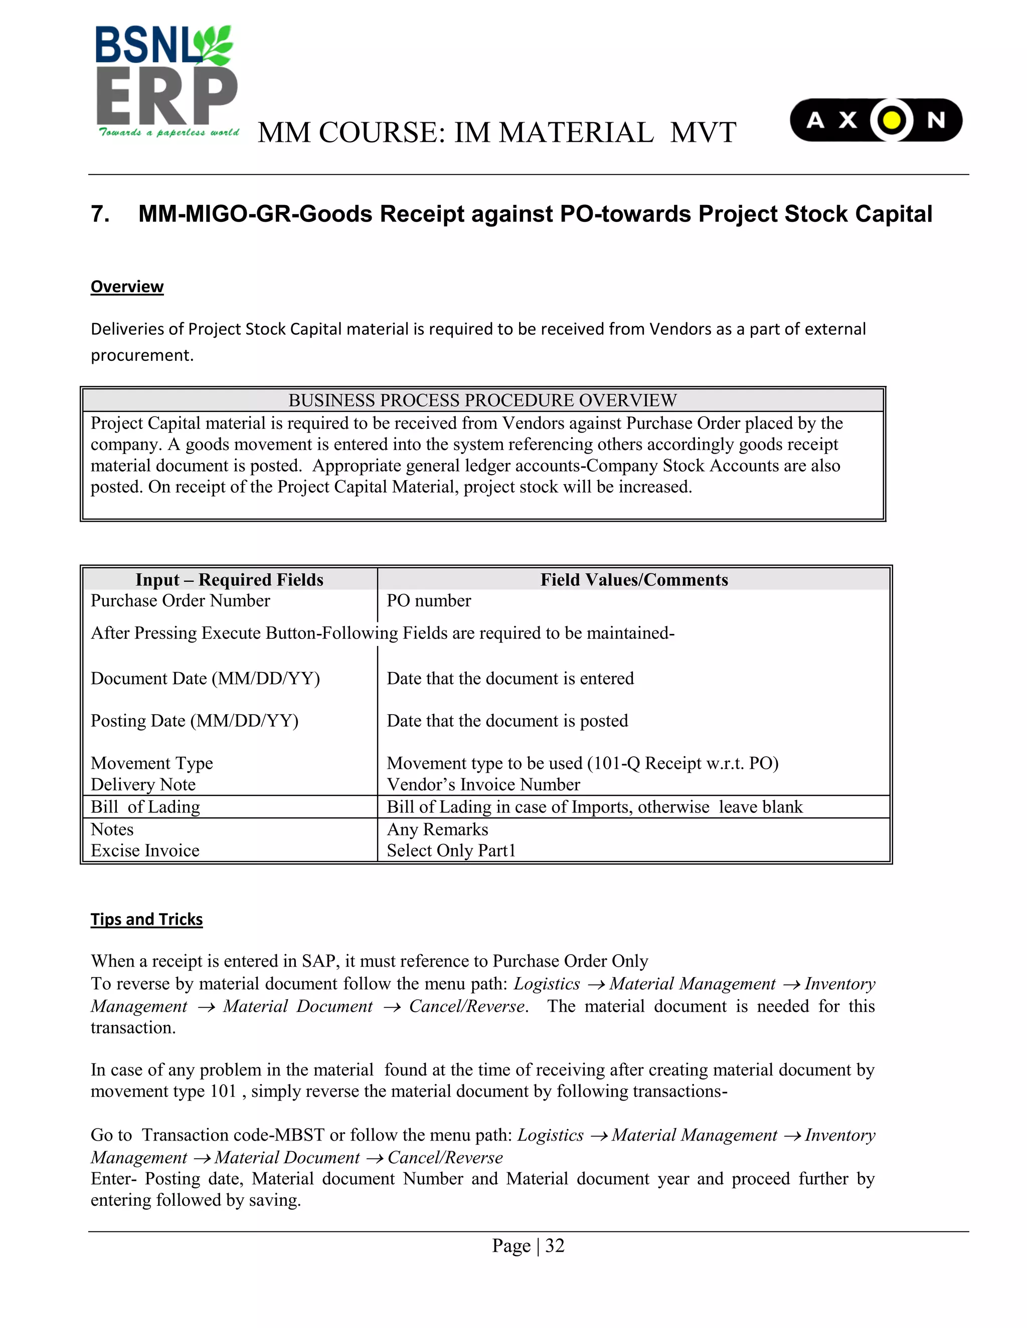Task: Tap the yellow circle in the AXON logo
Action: tap(891, 120)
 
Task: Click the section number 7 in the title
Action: tap(99, 214)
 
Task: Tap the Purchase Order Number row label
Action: tap(180, 601)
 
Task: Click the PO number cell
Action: tap(428, 601)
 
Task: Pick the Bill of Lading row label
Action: tap(145, 807)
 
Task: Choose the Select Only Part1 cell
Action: tap(451, 851)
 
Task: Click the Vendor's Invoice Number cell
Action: tap(483, 784)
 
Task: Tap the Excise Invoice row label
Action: tap(145, 851)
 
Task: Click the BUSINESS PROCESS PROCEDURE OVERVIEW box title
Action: tap(482, 400)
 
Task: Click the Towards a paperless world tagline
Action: tap(168, 133)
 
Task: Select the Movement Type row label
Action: tap(151, 763)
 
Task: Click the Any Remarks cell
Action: tap(437, 829)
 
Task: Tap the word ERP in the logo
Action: tap(166, 96)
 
